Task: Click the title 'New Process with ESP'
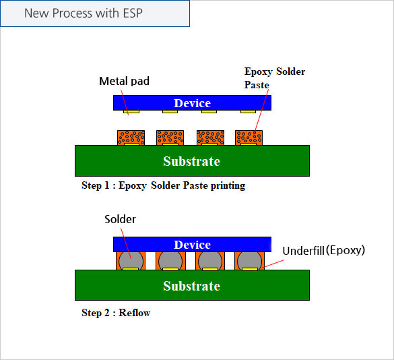click(x=84, y=13)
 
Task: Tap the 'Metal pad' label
click(x=124, y=81)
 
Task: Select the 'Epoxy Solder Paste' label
click(x=275, y=78)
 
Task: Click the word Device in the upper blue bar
click(x=192, y=103)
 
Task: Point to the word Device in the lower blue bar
click(x=192, y=245)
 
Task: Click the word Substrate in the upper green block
click(x=192, y=161)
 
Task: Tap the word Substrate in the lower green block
click(x=192, y=286)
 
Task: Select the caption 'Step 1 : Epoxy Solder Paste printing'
click(x=164, y=185)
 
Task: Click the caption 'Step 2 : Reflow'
click(x=116, y=313)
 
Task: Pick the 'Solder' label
click(x=120, y=219)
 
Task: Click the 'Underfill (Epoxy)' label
click(x=324, y=250)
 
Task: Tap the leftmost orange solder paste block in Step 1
click(x=131, y=138)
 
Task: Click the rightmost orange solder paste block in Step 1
click(x=249, y=138)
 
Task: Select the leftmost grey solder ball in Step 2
click(x=131, y=261)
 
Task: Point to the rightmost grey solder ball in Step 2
click(x=249, y=261)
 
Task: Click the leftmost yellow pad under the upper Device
click(x=131, y=111)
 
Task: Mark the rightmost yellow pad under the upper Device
click(x=248, y=111)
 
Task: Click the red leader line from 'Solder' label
click(x=126, y=243)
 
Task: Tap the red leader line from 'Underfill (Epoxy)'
click(x=274, y=264)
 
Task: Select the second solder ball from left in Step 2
click(x=170, y=261)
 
